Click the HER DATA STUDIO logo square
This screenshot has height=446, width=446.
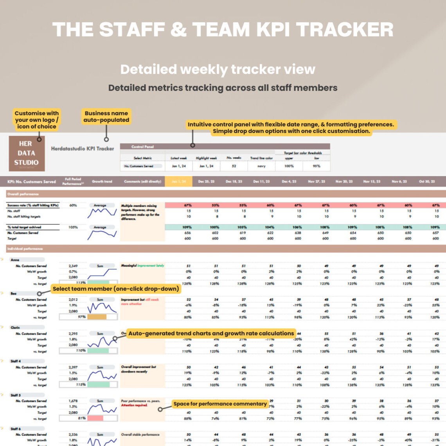(27, 153)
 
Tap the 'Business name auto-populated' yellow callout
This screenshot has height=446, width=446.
(106, 117)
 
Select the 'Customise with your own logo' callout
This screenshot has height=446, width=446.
(36, 120)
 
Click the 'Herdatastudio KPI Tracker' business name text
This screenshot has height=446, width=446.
(83, 149)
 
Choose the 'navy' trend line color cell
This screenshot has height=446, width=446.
(261, 166)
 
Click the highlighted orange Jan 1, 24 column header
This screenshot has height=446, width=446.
(178, 182)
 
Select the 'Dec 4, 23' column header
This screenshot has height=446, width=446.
(290, 182)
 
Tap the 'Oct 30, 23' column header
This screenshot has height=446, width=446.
(427, 182)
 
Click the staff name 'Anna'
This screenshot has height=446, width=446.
(15, 260)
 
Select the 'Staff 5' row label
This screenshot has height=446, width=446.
(16, 395)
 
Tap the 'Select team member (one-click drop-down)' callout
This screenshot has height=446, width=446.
(116, 289)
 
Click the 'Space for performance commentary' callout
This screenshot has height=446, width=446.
(220, 404)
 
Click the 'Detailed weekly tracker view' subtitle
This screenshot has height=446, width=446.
(218, 69)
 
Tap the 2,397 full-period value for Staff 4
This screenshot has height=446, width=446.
(73, 367)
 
